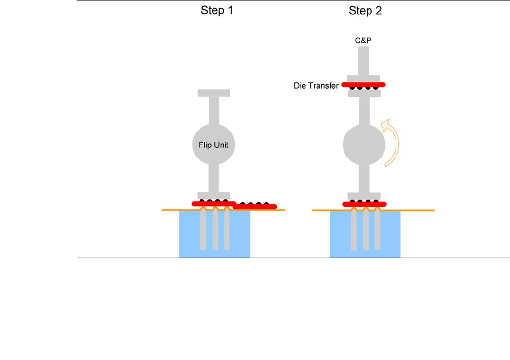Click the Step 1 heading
click(217, 11)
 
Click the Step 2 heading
click(365, 11)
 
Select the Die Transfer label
click(316, 86)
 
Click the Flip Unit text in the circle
click(213, 145)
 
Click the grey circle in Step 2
click(364, 145)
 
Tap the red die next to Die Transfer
click(363, 85)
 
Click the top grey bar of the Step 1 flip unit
click(213, 93)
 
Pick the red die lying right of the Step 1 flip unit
click(255, 206)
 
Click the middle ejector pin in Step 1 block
click(216, 232)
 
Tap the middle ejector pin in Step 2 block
click(366, 232)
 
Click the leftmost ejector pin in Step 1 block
click(203, 232)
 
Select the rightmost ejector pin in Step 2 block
click(378, 232)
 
